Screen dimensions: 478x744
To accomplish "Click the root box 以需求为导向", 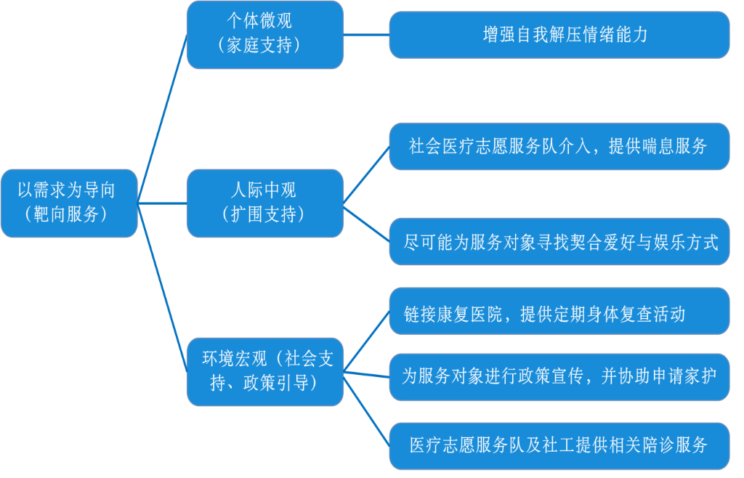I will (x=68, y=203).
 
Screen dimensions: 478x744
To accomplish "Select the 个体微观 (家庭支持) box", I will (x=264, y=34).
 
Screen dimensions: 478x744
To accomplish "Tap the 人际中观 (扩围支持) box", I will (x=264, y=203).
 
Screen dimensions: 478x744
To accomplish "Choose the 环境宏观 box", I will (x=264, y=370).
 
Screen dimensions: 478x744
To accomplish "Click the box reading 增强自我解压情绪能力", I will (x=559, y=34).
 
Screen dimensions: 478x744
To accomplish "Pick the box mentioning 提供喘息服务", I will (x=559, y=146).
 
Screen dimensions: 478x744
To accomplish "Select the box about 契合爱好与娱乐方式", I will (x=559, y=241).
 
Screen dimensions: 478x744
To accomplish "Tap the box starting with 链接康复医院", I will (x=559, y=314).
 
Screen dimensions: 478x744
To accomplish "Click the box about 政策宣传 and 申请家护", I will (x=559, y=376).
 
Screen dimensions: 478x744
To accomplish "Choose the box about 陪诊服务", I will (x=559, y=445).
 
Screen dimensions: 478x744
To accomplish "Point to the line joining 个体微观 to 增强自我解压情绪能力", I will (x=366, y=34).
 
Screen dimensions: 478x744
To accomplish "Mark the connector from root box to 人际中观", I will (x=162, y=203).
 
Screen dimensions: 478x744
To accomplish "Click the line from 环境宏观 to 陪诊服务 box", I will (x=366, y=410).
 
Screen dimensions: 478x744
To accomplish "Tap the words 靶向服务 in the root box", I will (x=69, y=214).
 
